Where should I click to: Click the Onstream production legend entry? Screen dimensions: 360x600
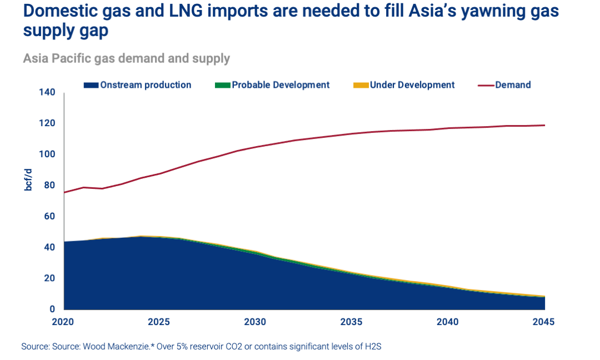(x=145, y=85)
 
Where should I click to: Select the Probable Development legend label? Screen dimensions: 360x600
(x=281, y=85)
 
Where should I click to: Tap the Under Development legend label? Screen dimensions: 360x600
(x=412, y=85)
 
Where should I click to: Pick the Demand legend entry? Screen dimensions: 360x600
(x=513, y=85)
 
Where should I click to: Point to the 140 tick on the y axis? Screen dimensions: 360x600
(x=48, y=92)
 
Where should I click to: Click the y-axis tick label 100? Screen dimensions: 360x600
(x=48, y=154)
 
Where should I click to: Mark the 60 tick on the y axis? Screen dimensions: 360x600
(x=50, y=216)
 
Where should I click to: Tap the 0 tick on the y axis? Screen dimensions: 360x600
(x=52, y=309)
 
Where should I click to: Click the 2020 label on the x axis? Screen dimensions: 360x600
(x=64, y=322)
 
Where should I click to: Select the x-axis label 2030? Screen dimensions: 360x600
(x=256, y=322)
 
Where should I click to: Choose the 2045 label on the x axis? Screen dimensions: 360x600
(x=543, y=322)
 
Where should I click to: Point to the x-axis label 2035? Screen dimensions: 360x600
(x=352, y=322)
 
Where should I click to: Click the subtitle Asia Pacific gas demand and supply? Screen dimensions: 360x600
(x=126, y=58)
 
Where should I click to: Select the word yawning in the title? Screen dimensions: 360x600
(x=492, y=12)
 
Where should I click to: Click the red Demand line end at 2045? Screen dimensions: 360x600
(x=544, y=125)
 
